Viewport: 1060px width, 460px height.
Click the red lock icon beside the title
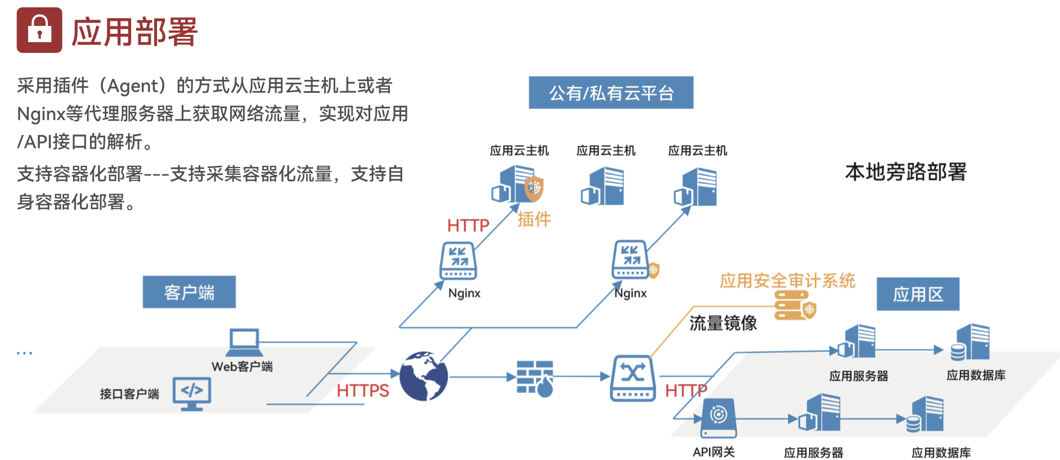click(x=39, y=30)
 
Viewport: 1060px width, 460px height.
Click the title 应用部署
click(x=134, y=31)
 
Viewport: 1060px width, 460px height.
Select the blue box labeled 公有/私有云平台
click(x=610, y=93)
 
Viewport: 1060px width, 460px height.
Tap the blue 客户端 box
click(x=189, y=292)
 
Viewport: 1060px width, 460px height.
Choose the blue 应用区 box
click(x=918, y=294)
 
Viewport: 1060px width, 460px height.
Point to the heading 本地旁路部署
click(x=905, y=172)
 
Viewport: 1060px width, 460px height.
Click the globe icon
click(x=424, y=376)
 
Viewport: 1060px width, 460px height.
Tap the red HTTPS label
click(x=363, y=390)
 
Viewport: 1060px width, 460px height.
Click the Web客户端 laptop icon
click(x=244, y=342)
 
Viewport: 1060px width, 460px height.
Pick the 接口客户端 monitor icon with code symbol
click(x=192, y=393)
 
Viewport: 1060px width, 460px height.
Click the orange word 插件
click(x=534, y=219)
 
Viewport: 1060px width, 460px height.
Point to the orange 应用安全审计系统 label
click(x=787, y=280)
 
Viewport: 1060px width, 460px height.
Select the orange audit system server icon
click(x=794, y=305)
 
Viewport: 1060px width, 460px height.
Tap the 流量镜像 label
click(x=723, y=323)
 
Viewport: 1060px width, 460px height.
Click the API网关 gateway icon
click(x=718, y=418)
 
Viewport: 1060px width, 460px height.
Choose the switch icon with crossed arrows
click(x=633, y=377)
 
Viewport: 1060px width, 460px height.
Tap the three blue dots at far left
click(x=24, y=353)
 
